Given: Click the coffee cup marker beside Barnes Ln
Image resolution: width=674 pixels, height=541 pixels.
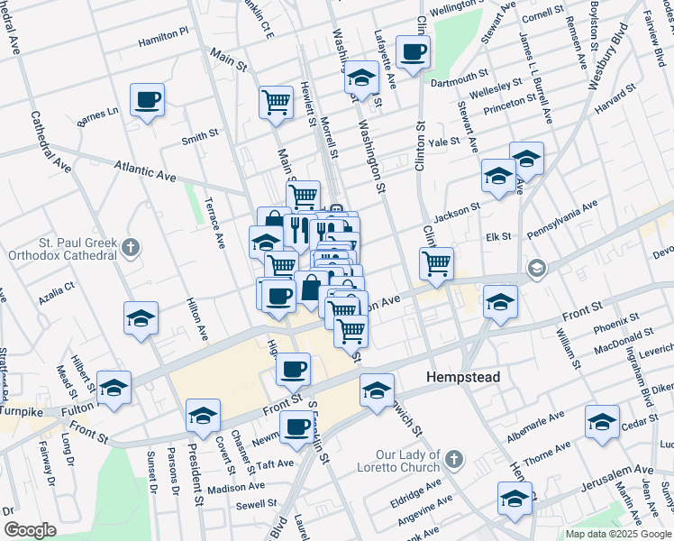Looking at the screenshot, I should click(x=147, y=100).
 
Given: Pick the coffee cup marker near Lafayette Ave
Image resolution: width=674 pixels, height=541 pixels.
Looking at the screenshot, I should click(x=413, y=53).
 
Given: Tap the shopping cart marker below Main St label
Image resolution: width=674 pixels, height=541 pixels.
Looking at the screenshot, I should click(x=276, y=101).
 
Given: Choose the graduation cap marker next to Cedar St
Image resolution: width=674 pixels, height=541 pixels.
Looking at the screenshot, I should click(x=602, y=421).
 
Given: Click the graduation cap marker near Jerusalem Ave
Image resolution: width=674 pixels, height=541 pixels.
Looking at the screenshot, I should click(x=515, y=498).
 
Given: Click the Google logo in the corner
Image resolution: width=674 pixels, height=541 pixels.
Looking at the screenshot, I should click(x=30, y=530).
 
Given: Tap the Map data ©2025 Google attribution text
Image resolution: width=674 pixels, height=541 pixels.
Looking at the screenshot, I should click(x=617, y=534).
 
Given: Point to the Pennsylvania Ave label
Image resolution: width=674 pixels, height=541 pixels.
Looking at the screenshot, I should click(x=564, y=217).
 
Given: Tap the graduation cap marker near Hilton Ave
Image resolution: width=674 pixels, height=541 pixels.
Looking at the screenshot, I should click(x=141, y=319).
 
